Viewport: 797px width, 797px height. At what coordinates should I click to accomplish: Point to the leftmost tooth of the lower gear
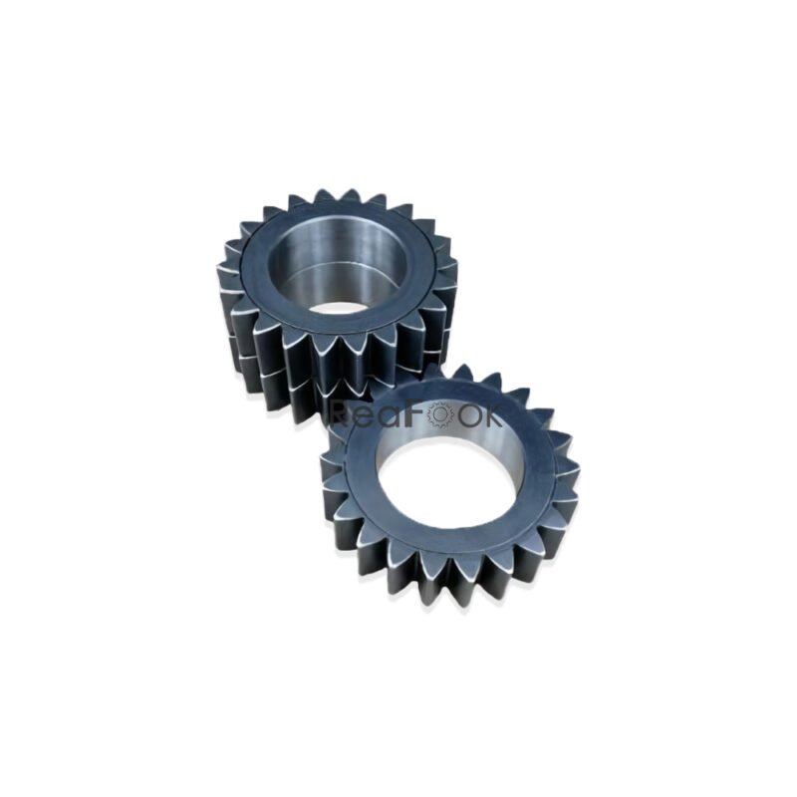click(x=327, y=468)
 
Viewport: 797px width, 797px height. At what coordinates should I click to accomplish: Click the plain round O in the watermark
click(x=466, y=414)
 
